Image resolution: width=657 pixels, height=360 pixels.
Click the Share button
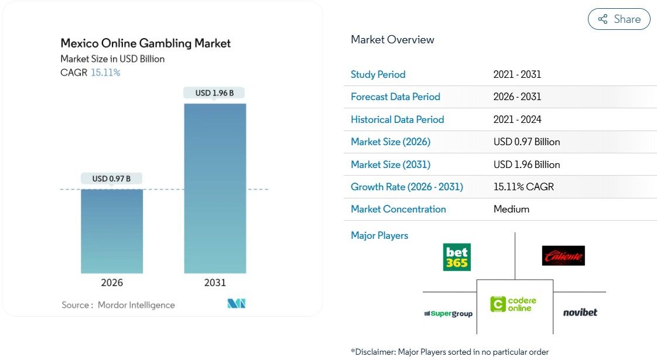pyautogui.click(x=619, y=19)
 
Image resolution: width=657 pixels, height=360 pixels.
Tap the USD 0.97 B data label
pyautogui.click(x=111, y=179)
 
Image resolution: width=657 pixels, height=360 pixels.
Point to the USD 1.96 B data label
pyautogui.click(x=214, y=93)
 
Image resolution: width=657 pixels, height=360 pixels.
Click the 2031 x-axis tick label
pyautogui.click(x=215, y=283)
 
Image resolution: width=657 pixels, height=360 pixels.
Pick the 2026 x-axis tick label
pyautogui.click(x=112, y=283)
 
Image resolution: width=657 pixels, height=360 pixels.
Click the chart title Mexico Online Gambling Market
pyautogui.click(x=146, y=43)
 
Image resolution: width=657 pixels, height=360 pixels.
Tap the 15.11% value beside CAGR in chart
pyautogui.click(x=105, y=73)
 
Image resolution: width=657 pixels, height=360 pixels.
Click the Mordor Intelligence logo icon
pyautogui.click(x=236, y=303)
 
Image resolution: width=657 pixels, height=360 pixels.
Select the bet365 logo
pyautogui.click(x=457, y=257)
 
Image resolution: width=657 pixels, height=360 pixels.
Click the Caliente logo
pyautogui.click(x=563, y=256)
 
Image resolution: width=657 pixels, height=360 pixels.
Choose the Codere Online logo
pyautogui.click(x=514, y=304)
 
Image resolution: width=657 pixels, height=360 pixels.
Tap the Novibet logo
pyautogui.click(x=580, y=313)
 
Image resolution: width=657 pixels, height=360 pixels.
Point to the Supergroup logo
pyautogui.click(x=449, y=314)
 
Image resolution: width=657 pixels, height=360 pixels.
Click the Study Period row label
pyautogui.click(x=378, y=74)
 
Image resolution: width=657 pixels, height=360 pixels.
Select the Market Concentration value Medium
pyautogui.click(x=511, y=209)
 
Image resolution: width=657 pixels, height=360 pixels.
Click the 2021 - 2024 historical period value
pyautogui.click(x=517, y=119)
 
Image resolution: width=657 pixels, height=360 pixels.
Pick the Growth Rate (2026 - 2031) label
pyautogui.click(x=407, y=187)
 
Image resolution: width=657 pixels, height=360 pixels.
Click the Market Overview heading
pyautogui.click(x=392, y=40)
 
